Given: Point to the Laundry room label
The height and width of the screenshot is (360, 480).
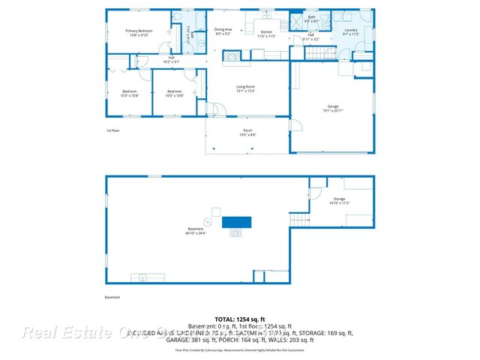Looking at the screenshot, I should [x=351, y=32].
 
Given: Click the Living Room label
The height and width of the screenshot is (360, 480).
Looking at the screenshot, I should [x=247, y=89].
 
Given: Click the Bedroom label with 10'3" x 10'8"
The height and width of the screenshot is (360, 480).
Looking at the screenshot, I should [x=130, y=94].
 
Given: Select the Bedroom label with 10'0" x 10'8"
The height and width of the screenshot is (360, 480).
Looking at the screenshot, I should [x=175, y=94].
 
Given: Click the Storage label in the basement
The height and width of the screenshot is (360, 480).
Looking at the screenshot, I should [x=340, y=201].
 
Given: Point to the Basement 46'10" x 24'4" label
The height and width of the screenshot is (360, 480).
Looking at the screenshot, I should [x=195, y=230].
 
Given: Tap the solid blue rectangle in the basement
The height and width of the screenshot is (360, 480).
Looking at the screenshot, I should [x=237, y=221].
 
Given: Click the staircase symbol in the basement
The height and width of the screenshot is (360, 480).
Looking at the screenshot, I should [x=299, y=220].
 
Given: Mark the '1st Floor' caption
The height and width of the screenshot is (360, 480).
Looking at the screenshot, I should [x=112, y=130].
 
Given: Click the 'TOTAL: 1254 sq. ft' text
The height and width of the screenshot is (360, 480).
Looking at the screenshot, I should [x=239, y=319].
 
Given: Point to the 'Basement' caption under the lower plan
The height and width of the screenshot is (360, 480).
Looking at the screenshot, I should [x=112, y=296].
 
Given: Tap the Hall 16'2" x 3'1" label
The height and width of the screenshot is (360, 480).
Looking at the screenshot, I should [x=171, y=60].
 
